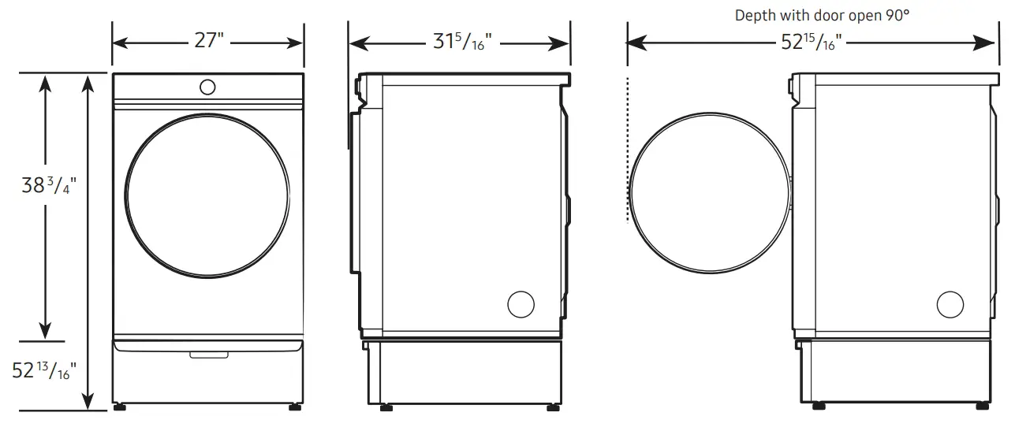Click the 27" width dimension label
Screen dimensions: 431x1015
coord(209,41)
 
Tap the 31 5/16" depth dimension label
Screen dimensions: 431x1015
coord(461,42)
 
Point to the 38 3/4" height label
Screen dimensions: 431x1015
coord(49,186)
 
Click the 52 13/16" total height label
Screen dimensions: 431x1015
coord(44,369)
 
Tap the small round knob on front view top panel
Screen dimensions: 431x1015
coord(207,87)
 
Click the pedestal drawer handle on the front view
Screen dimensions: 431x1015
coord(207,355)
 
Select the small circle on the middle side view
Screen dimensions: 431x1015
coord(521,304)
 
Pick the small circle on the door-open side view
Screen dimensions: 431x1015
coord(950,304)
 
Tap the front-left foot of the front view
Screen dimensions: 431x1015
coord(120,407)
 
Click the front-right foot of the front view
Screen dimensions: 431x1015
coord(295,407)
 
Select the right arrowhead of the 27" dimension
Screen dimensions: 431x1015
coord(297,43)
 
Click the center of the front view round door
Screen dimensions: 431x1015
coord(207,195)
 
